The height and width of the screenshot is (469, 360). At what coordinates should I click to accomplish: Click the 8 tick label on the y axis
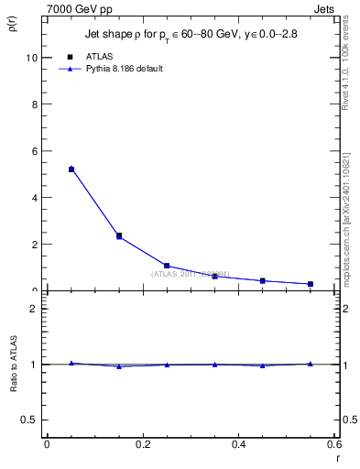(33, 104)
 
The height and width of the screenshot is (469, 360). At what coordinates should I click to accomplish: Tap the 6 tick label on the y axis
(33, 150)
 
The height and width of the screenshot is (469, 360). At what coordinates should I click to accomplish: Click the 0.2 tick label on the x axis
(143, 444)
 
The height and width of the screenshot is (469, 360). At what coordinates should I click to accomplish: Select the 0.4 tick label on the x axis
(239, 444)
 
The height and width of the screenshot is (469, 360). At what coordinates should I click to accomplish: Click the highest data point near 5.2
(71, 169)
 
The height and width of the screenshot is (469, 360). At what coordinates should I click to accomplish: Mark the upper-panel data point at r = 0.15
(119, 235)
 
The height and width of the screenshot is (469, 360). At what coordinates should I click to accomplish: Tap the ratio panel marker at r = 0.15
(119, 366)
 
